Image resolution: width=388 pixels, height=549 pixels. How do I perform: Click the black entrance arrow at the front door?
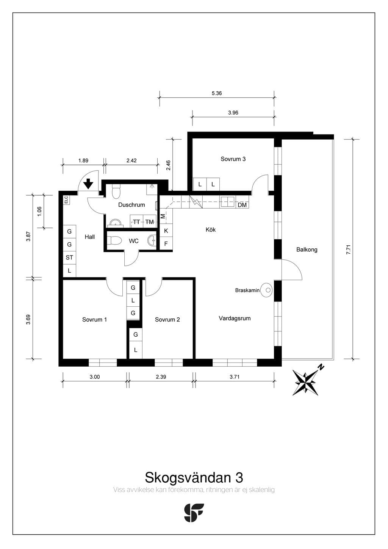[x=88, y=184]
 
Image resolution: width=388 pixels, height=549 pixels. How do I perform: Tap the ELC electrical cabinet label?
[x=66, y=200]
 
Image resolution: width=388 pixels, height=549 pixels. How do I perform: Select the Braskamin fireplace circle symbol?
[x=266, y=290]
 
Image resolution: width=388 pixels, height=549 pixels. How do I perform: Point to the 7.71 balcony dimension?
[x=349, y=249]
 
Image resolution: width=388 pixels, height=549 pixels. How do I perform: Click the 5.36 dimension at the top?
[x=217, y=93]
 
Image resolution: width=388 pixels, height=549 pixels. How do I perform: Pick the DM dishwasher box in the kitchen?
[x=242, y=205]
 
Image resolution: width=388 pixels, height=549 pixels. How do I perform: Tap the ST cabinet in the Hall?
[x=69, y=257]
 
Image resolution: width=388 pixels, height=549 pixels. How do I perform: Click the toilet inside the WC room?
[x=114, y=240]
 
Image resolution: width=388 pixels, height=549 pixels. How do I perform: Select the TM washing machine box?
[x=149, y=221]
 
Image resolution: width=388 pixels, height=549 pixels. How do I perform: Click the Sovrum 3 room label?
[x=233, y=159]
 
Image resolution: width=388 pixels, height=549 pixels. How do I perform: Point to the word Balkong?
[x=307, y=250]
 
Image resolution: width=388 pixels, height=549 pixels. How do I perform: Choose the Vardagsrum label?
[x=235, y=318]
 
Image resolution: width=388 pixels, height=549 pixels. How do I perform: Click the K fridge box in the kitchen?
[x=166, y=231]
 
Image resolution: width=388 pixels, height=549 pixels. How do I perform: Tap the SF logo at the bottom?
[x=194, y=513]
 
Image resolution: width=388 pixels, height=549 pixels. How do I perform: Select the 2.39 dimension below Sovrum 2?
[x=161, y=377]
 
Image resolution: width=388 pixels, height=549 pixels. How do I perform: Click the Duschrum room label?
[x=131, y=205]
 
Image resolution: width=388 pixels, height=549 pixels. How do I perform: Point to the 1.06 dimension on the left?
[x=39, y=211]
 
